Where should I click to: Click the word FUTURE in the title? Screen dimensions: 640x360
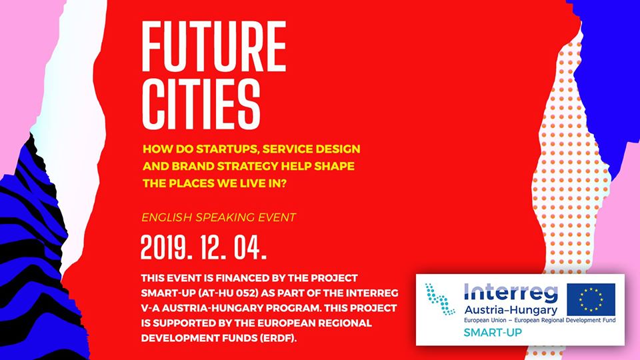pyautogui.click(x=213, y=46)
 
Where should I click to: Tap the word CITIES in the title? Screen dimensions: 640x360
pyautogui.click(x=201, y=104)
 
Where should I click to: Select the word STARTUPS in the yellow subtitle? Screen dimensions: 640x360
pyautogui.click(x=227, y=149)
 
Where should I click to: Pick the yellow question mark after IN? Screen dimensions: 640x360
pyautogui.click(x=283, y=184)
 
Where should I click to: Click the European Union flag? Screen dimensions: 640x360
pyautogui.click(x=591, y=299)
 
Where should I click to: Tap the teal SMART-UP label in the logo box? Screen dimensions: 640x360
pyautogui.click(x=493, y=333)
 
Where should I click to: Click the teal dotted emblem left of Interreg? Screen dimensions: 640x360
pyautogui.click(x=439, y=299)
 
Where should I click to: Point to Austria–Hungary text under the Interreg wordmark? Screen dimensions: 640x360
pyautogui.click(x=511, y=311)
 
